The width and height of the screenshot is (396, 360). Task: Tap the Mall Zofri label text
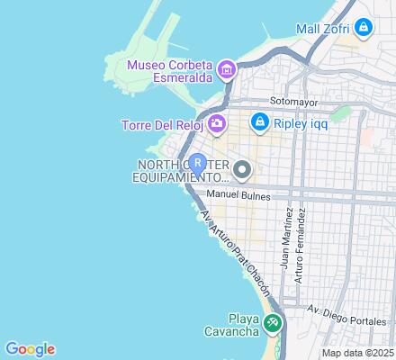click(x=322, y=29)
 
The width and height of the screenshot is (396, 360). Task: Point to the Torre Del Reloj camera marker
click(x=216, y=123)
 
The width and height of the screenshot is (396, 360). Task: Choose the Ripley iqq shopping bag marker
click(x=259, y=119)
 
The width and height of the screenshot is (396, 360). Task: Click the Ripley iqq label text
click(x=302, y=120)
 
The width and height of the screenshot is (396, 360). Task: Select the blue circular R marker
click(x=198, y=164)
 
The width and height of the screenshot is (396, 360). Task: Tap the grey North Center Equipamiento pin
click(x=241, y=168)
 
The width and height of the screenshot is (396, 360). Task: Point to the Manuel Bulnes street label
click(x=239, y=194)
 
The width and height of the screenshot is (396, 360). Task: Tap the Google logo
click(x=30, y=349)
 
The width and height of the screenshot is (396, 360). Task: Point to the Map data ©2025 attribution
click(x=359, y=352)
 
